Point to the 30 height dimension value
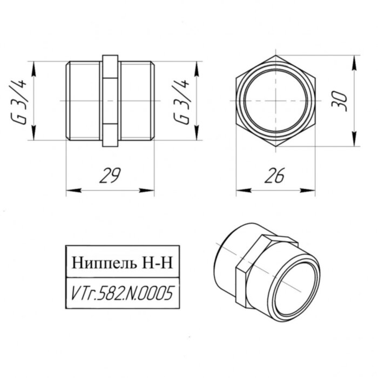340,100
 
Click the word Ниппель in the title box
104,264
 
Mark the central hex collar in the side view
110,101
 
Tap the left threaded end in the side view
83,101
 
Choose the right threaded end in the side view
137,101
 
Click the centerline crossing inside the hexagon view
275,101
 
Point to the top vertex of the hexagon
275,55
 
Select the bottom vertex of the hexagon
275,147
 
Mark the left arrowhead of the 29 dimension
70,190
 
